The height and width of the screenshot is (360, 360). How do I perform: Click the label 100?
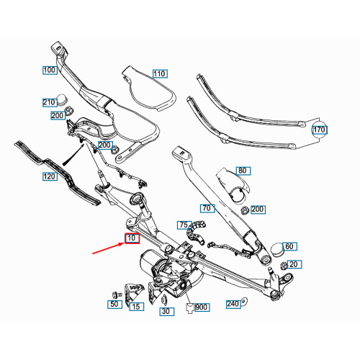50,71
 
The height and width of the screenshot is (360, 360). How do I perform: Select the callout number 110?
159,74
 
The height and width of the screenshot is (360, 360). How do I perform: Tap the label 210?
50,102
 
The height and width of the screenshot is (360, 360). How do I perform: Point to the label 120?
50,176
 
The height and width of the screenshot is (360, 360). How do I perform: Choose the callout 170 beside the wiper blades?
320,130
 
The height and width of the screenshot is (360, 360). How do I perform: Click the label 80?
242,171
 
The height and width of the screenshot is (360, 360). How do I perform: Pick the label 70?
207,209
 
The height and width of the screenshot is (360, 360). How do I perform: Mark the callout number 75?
184,225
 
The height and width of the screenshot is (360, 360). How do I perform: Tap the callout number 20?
293,264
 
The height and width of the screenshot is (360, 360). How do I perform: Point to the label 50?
114,305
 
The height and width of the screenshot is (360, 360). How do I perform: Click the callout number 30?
165,311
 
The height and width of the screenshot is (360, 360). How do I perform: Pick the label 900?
201,307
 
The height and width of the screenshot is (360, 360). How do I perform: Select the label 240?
233,304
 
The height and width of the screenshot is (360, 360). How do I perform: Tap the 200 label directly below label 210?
57,115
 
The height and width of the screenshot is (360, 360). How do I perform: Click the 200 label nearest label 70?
257,210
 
